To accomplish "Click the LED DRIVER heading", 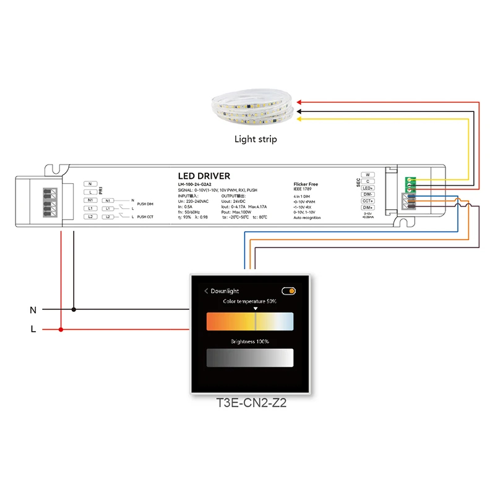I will [x=204, y=176].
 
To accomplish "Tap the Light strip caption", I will [x=256, y=139].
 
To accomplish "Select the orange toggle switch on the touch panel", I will [x=288, y=290].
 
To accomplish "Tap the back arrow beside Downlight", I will [x=206, y=291].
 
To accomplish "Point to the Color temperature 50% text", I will [x=250, y=301].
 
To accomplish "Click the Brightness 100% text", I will [x=250, y=341].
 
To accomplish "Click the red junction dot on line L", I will [x=61, y=330].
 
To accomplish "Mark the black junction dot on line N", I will [x=74, y=309].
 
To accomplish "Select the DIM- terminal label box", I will [x=368, y=194].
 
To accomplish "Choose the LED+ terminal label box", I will [x=368, y=187].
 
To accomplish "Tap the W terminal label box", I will [x=368, y=174].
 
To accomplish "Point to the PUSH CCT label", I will [x=145, y=217].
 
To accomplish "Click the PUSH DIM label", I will [x=145, y=203].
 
